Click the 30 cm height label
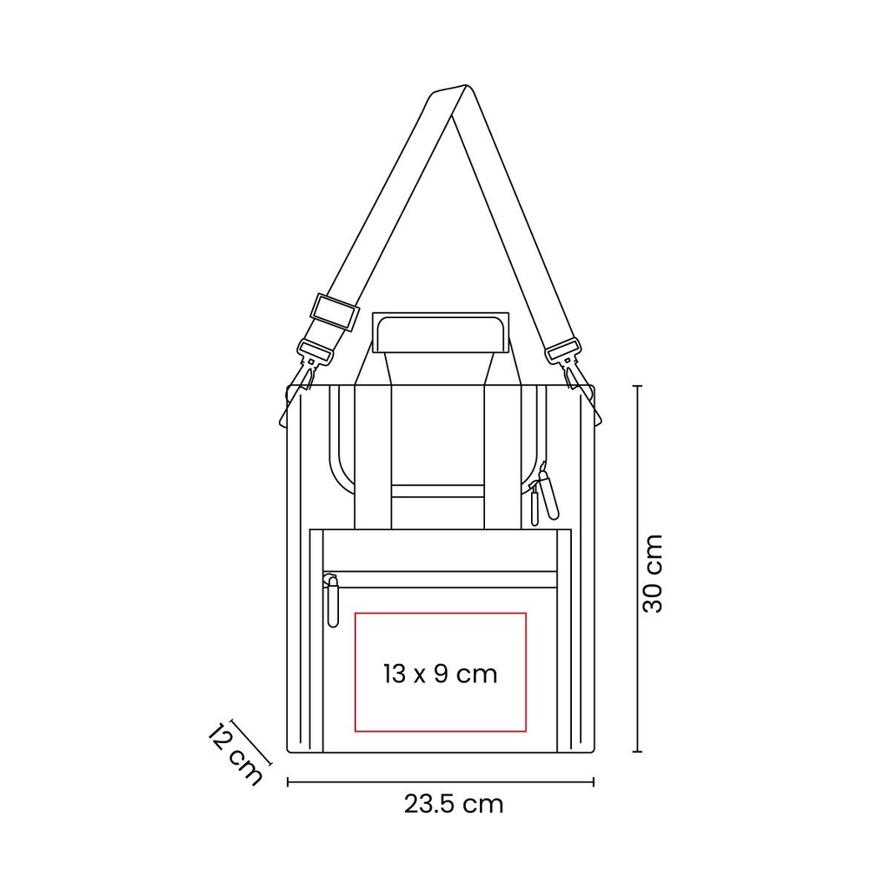pos(653,574)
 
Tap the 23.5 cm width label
pos(454,804)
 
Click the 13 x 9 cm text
pos(441,674)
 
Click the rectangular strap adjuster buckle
pos(335,312)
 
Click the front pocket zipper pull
pos(332,600)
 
